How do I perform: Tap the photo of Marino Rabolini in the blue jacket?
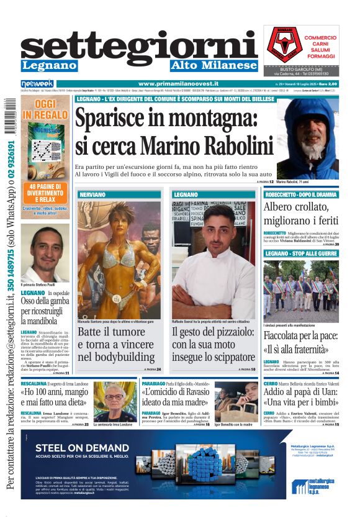[x=307, y=139]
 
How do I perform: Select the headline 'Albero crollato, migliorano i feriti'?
[x=301, y=215]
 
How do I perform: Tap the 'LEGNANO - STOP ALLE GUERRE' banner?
[x=301, y=253]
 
